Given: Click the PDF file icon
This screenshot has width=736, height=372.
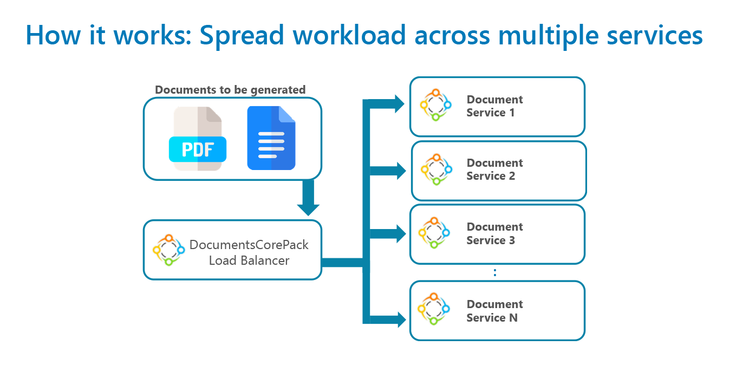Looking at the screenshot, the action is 198,139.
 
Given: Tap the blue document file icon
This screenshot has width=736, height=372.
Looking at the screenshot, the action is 271,138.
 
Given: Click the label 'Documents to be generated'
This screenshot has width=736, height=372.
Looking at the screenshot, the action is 230,90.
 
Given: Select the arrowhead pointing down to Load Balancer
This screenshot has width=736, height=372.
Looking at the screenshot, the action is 308,210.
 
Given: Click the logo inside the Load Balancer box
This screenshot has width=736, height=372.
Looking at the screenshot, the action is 168,250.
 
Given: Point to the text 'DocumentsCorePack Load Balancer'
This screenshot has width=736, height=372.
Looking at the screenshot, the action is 249,252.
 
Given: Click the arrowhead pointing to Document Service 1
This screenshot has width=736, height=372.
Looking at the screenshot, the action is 399,104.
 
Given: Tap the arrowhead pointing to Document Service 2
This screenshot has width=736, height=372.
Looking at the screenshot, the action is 401,171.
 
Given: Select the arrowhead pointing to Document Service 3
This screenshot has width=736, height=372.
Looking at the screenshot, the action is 401,234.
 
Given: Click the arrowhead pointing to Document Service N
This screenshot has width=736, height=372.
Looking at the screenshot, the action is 401,319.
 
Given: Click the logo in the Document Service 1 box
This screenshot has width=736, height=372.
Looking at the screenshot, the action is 435,105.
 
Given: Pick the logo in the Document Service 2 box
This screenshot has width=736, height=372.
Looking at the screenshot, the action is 437,169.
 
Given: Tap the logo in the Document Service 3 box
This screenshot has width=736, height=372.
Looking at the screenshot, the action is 434,233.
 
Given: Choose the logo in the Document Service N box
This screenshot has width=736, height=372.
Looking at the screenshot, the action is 434,309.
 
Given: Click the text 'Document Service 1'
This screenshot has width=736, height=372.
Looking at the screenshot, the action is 494,106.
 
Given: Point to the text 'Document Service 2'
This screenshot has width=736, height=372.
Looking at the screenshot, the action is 494,169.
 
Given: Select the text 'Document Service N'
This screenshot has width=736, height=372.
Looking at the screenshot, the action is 494,311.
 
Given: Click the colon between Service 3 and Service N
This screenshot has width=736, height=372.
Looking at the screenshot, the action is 495,272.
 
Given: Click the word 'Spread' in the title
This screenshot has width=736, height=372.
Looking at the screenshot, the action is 242,36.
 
